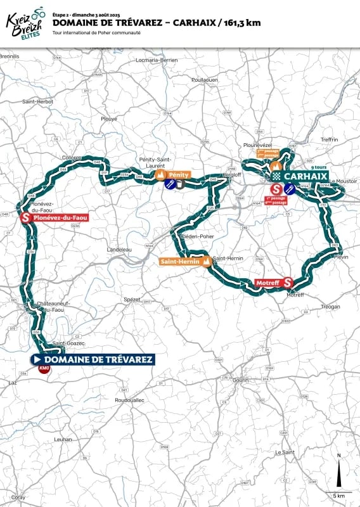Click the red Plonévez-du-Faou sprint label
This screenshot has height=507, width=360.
click(x=55, y=217)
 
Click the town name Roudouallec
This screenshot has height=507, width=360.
click(x=131, y=401)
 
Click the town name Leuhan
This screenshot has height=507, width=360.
click(x=64, y=439)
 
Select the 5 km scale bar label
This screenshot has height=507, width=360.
click(x=338, y=495)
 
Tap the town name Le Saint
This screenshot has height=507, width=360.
click(x=285, y=452)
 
